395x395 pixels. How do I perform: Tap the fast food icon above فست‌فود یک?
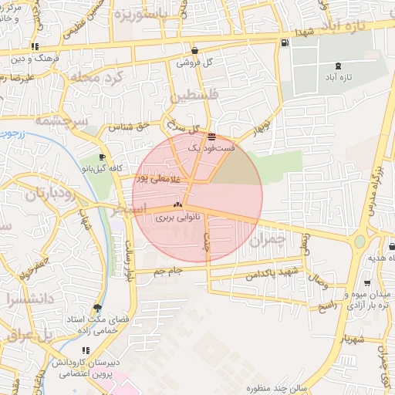point(211,136)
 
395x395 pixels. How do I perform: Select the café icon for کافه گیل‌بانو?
point(103,157)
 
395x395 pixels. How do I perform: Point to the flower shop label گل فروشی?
point(194,62)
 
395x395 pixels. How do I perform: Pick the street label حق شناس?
point(127,126)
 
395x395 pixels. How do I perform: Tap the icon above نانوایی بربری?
point(177,205)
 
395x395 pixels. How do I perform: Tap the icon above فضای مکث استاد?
point(96,307)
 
